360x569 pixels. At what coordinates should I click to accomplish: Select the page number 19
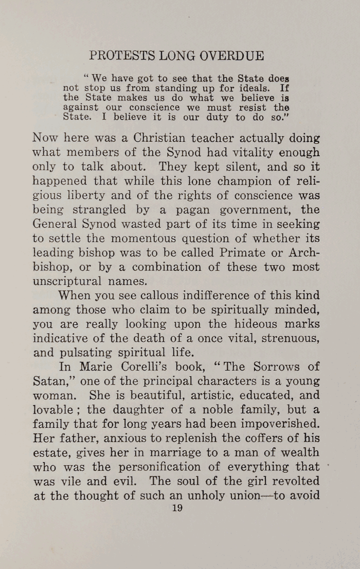tap(178, 508)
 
